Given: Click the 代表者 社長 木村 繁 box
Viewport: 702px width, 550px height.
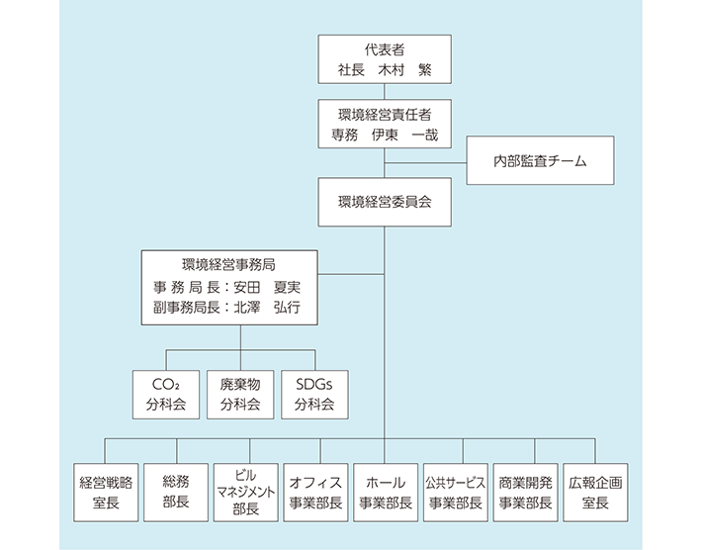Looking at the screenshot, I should [384, 59].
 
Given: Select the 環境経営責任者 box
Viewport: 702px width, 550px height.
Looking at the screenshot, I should [384, 123].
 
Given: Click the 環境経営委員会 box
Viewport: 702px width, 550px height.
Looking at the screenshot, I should [384, 201].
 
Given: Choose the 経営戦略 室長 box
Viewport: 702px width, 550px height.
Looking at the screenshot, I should [106, 492].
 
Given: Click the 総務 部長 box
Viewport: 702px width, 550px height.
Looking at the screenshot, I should [175, 492].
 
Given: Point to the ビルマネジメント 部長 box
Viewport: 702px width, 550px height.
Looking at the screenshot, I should [244, 492].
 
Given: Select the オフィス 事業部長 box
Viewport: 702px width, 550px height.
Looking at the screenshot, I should [314, 492].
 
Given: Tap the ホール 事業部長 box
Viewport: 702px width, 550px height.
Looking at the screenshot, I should [384, 492].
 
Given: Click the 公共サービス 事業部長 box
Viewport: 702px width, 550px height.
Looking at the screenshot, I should [454, 492].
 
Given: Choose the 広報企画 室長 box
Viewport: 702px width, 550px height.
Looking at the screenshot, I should [593, 492].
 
